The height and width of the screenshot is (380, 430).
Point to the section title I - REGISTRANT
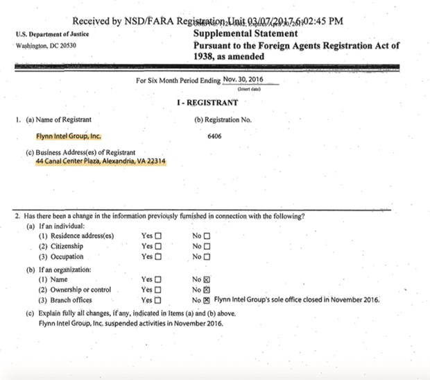point(207,103)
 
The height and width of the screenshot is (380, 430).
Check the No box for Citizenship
point(206,246)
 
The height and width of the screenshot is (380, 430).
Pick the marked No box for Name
point(206,279)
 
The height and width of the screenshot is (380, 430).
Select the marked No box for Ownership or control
point(206,289)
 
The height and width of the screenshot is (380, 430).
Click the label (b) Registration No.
point(223,120)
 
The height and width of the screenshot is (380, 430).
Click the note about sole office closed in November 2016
point(297,300)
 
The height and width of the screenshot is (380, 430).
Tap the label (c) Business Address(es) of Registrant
point(80,152)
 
